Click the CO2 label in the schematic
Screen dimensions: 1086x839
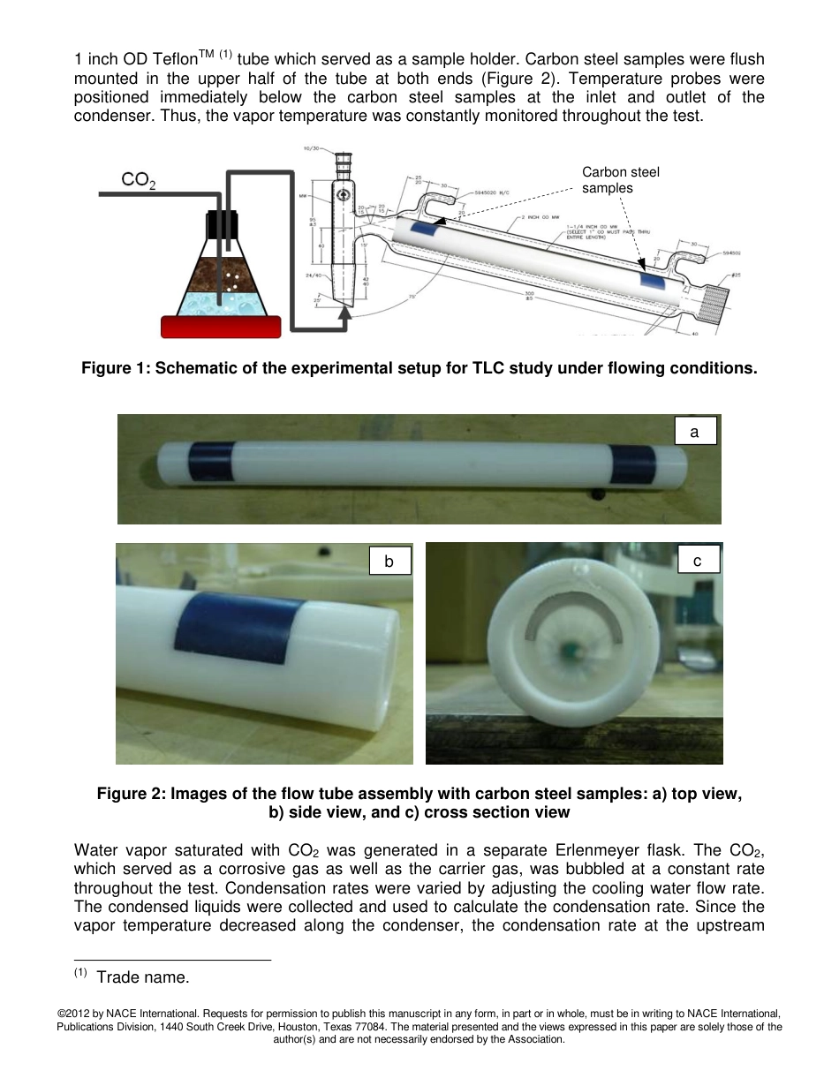pyautogui.click(x=139, y=180)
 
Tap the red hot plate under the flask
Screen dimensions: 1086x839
pyautogui.click(x=221, y=326)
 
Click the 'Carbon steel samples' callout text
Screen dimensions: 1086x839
pyautogui.click(x=620, y=179)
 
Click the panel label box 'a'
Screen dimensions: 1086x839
pyautogui.click(x=694, y=431)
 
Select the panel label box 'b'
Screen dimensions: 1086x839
pyautogui.click(x=389, y=561)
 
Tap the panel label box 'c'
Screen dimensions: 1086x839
pyautogui.click(x=698, y=559)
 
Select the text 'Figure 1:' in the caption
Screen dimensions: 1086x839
pyautogui.click(x=116, y=367)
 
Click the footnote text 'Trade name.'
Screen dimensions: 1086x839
pyautogui.click(x=142, y=977)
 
